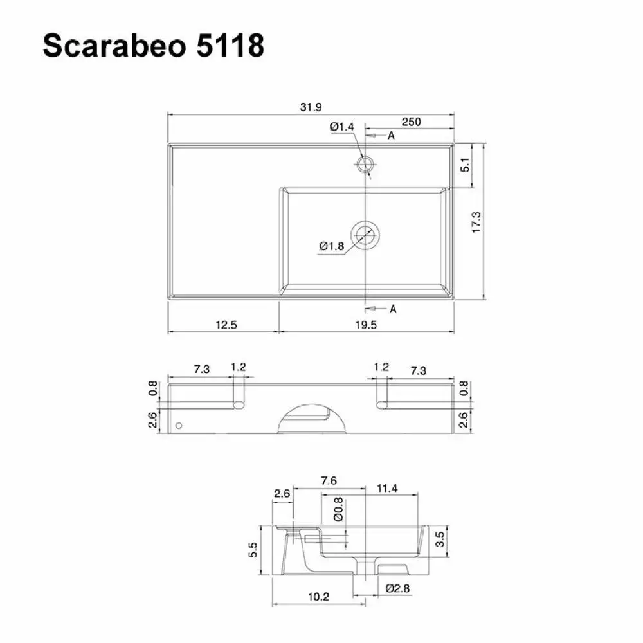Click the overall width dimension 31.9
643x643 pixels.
311,107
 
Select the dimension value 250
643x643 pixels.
411,122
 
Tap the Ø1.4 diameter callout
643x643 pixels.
342,127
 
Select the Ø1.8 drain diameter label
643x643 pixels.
331,246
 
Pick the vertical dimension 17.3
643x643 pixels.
476,222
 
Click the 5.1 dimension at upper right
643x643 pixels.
466,165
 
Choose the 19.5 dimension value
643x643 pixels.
365,325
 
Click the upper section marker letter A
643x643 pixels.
391,136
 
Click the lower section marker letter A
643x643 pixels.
392,309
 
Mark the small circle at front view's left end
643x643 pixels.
179,426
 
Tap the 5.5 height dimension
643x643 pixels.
253,550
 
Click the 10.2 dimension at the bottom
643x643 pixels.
318,597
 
